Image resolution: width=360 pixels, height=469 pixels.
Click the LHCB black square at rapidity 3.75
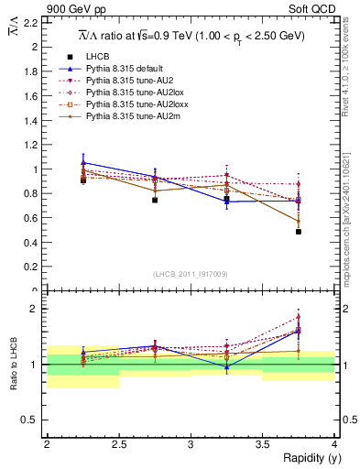click(299, 232)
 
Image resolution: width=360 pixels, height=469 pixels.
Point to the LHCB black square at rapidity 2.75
click(155, 200)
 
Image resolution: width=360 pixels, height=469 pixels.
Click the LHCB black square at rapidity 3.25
click(226, 199)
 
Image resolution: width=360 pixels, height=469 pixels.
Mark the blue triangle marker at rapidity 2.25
click(83, 162)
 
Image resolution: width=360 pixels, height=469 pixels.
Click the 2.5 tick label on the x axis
click(118, 444)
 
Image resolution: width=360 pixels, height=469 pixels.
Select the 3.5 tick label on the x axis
click(262, 444)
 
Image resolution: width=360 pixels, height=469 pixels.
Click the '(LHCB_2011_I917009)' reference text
click(191, 274)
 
